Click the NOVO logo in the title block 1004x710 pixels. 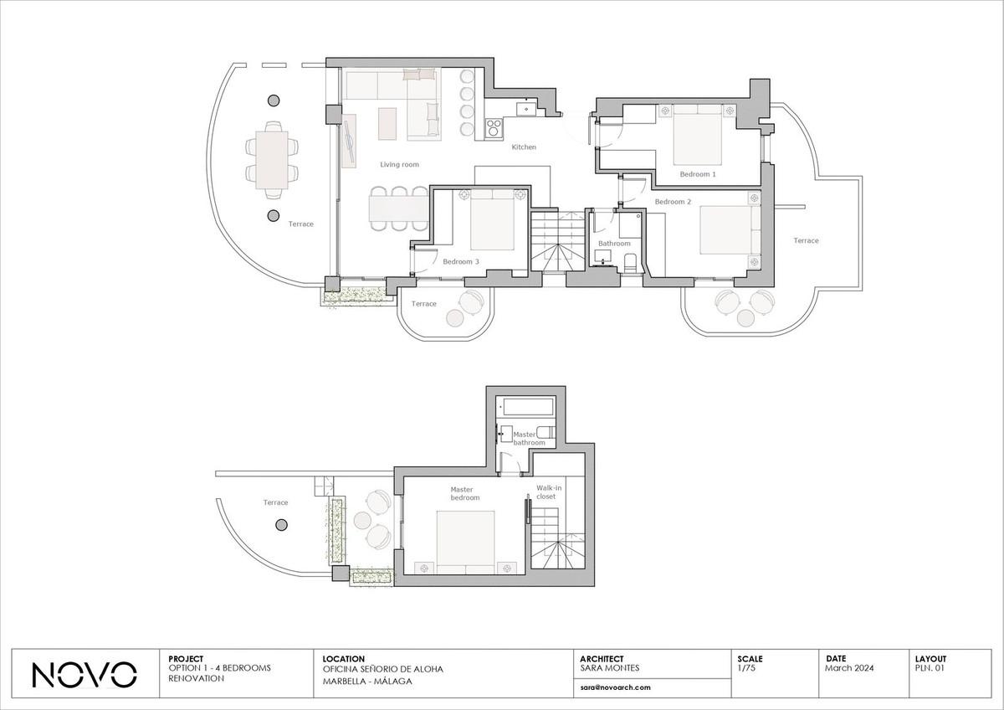coord(85,674)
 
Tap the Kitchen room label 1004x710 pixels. coord(524,147)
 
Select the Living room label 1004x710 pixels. coord(399,165)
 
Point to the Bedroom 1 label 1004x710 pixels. coord(698,174)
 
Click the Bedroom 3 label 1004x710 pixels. coord(461,261)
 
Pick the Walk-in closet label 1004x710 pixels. coord(549,492)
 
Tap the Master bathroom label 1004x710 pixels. coord(529,438)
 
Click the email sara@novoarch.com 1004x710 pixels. coord(615,687)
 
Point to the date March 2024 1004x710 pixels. coord(849,668)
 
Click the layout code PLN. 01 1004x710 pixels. coord(930,668)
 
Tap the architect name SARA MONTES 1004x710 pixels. coord(610,668)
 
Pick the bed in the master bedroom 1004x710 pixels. coord(465,543)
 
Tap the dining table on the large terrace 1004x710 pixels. coord(272,160)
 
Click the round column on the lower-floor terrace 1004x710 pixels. coord(281,524)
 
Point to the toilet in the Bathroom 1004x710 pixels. coord(630,263)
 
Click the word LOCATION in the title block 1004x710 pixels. coord(343,659)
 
